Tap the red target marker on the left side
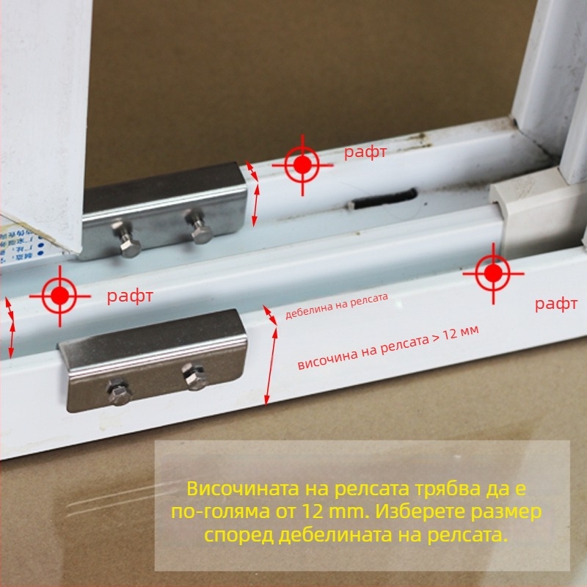coord(59,296)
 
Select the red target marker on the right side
coord(493,274)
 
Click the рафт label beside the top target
coord(365,153)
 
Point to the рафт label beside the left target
coord(130,296)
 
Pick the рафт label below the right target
coord(556,304)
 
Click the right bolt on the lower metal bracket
coord(194,377)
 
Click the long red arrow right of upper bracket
coord(256,204)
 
